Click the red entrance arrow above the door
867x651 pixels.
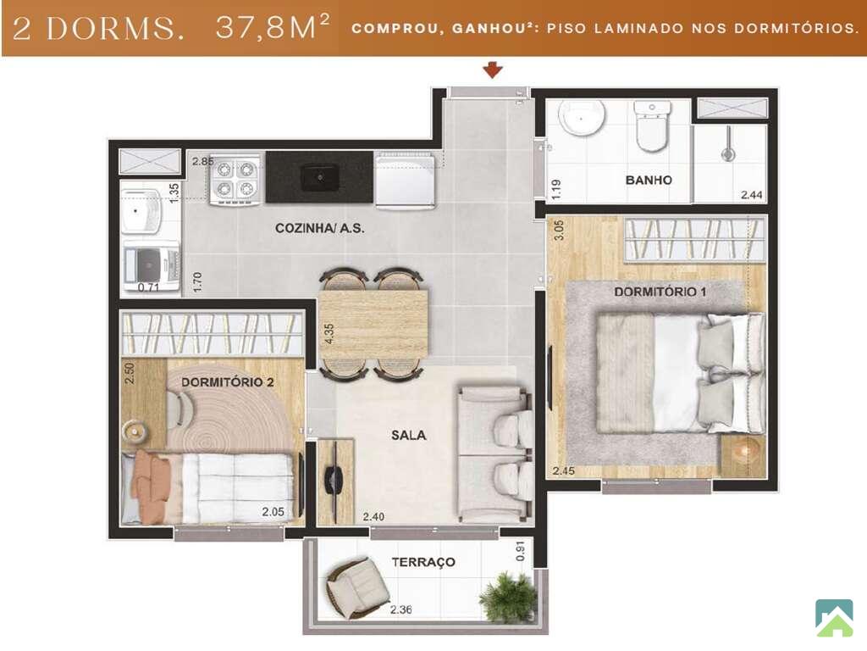[x=493, y=70]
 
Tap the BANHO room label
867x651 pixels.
[x=649, y=180]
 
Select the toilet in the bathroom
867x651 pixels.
[x=653, y=125]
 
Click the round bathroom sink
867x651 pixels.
[x=582, y=117]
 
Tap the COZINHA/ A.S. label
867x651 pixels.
[x=319, y=227]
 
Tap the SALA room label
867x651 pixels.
[x=409, y=435]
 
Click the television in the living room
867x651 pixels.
[x=335, y=481]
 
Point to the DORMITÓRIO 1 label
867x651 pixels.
[x=660, y=292]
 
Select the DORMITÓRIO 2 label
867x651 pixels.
[x=227, y=382]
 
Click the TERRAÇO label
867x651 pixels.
[x=423, y=562]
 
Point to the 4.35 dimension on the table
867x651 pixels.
[x=329, y=334]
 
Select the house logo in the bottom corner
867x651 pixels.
[x=834, y=617]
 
